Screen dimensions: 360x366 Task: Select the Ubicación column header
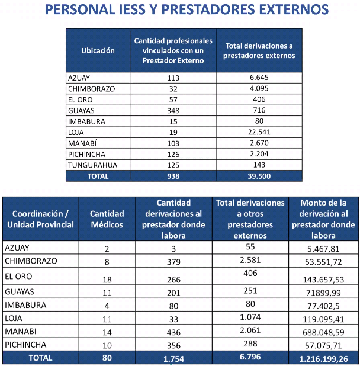click(x=98, y=51)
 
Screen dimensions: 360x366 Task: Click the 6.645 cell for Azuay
click(x=259, y=77)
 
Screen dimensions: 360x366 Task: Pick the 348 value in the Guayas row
click(x=173, y=110)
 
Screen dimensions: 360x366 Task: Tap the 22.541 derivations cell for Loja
click(x=259, y=132)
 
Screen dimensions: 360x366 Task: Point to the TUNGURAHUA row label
click(x=92, y=165)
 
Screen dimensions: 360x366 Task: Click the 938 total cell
click(x=173, y=176)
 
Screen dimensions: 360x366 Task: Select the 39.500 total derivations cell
click(x=259, y=176)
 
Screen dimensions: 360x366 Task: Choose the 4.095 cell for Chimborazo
click(x=259, y=88)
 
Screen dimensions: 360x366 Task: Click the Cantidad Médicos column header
click(x=107, y=219)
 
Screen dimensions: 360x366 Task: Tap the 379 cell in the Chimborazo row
click(x=173, y=262)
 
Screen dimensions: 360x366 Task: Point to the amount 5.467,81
click(x=323, y=249)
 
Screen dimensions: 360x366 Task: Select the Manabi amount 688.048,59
click(x=323, y=332)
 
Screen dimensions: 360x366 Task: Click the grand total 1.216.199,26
click(x=323, y=359)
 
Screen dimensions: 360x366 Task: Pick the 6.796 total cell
click(x=250, y=357)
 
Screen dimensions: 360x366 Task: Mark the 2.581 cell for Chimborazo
click(x=250, y=260)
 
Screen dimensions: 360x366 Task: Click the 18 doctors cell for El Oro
click(x=107, y=280)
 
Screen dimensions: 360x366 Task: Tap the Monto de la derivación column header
click(x=323, y=219)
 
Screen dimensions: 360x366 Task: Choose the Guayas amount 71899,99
click(x=323, y=293)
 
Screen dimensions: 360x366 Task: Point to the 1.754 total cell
click(x=173, y=359)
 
